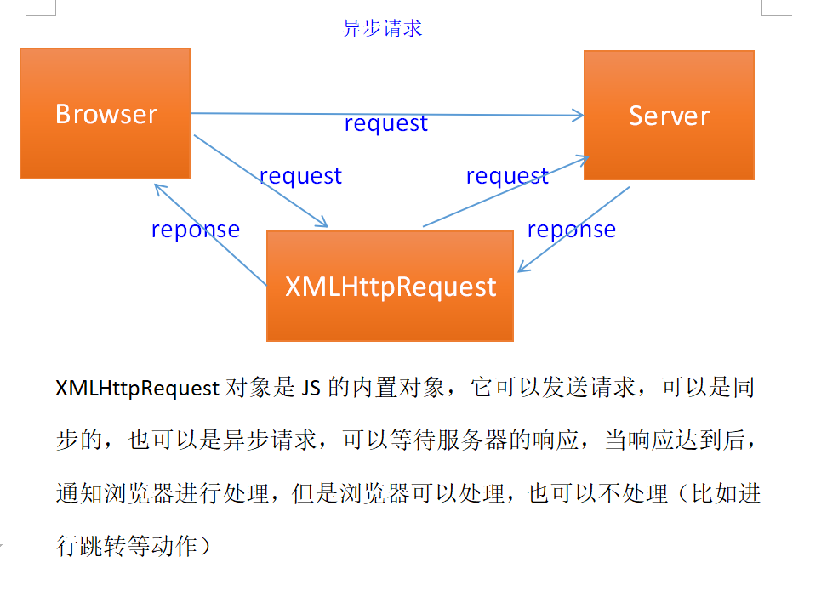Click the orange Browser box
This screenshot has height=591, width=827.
(x=106, y=114)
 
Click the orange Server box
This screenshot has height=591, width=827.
(x=669, y=116)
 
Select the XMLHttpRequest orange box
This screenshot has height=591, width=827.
(x=391, y=286)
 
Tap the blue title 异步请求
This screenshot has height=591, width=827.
(x=382, y=28)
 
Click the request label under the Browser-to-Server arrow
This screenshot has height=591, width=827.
(x=385, y=123)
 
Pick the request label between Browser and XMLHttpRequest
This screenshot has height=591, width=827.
(x=300, y=176)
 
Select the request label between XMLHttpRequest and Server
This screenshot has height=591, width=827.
(x=507, y=176)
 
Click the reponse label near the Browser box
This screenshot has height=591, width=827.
(x=195, y=230)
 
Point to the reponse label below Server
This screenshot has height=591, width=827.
(x=571, y=230)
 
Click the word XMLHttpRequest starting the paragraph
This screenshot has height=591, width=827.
(x=138, y=389)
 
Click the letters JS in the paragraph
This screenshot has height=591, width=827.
(x=309, y=389)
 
